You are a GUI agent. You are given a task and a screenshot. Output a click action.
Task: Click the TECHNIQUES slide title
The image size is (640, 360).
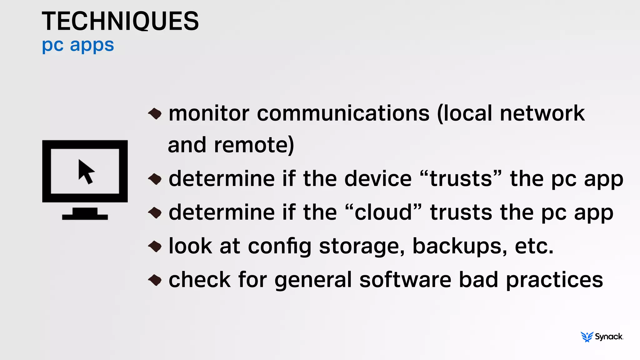[120, 21]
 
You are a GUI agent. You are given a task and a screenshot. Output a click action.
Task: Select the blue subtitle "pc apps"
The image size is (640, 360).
[78, 45]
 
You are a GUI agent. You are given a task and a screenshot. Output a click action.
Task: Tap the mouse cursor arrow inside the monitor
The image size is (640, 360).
[86, 172]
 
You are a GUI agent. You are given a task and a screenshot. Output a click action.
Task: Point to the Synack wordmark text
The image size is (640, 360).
[609, 337]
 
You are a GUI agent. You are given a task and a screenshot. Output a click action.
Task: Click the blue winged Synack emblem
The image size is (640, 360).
[587, 337]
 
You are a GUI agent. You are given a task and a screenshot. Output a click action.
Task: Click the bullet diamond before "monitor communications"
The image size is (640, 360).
[155, 113]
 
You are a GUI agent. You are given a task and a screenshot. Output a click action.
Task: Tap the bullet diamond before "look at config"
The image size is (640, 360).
[155, 247]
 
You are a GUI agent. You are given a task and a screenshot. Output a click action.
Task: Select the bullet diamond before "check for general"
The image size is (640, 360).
[155, 280]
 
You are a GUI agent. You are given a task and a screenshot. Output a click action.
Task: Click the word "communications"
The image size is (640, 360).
[343, 113]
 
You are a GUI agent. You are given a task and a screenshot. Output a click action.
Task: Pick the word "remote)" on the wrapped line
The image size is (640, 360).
[254, 145]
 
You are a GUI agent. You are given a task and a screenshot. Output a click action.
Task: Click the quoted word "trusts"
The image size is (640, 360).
[461, 179]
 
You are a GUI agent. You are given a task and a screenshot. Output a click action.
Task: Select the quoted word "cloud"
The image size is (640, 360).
[383, 212]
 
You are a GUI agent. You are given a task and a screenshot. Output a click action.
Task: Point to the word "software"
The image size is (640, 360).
[405, 280]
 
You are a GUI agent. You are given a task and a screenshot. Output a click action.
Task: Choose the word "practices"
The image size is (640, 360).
[554, 280]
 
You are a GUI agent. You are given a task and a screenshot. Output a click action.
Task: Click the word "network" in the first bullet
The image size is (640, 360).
[542, 113]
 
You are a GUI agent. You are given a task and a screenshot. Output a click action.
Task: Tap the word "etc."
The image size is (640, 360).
[534, 246]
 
